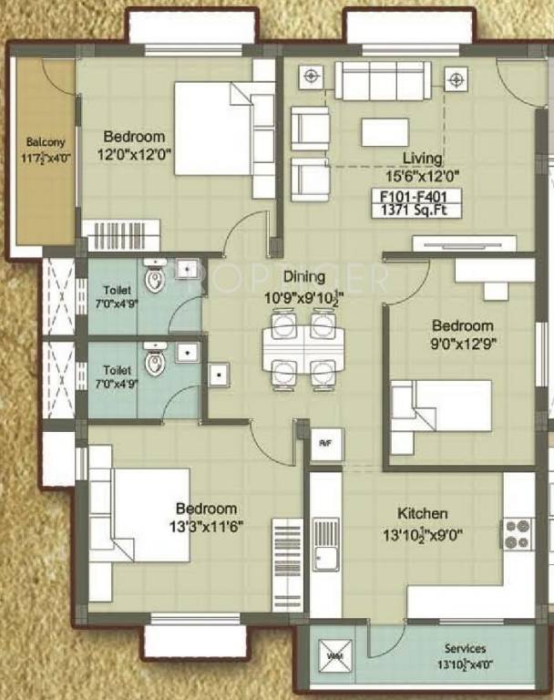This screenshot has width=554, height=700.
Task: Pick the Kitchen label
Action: coord(423,514)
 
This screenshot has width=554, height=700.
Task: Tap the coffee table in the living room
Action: coord(384,132)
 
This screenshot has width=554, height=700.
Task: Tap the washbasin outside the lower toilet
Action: coord(219,375)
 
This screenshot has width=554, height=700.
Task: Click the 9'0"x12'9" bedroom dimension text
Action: coord(463,343)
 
